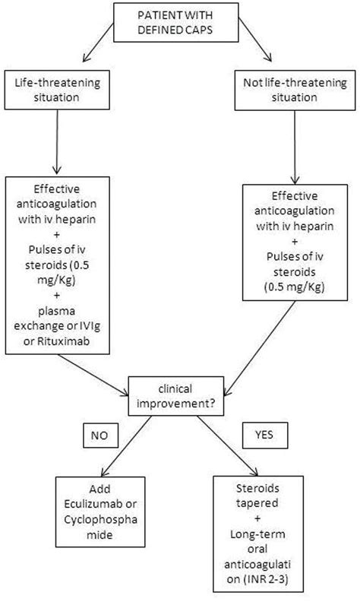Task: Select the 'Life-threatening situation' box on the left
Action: [58, 90]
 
